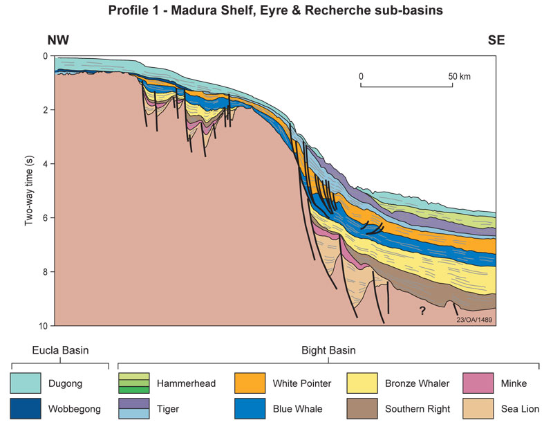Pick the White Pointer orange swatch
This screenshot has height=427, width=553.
point(250,383)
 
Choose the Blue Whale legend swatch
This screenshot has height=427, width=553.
point(250,408)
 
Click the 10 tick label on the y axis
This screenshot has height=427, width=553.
point(44,325)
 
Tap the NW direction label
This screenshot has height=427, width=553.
point(58,40)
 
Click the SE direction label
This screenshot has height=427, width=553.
point(495,40)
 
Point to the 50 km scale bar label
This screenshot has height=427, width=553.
point(460,76)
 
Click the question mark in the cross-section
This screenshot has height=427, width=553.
point(420,311)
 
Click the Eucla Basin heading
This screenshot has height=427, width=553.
point(59,350)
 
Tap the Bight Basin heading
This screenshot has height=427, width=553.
point(328,350)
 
